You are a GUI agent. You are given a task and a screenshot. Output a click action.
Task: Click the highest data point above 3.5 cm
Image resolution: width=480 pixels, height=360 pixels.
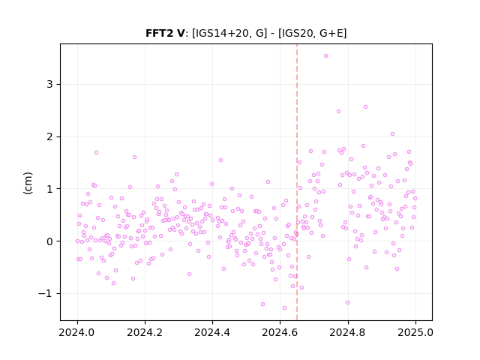[x=325, y=56]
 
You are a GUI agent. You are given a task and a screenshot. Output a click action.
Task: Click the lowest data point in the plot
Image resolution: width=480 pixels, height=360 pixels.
[x=284, y=308]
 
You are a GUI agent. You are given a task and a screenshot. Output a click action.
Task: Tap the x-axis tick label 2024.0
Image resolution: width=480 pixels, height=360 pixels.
[x=77, y=333]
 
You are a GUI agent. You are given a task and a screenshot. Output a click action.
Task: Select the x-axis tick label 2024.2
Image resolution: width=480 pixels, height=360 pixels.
[x=145, y=333]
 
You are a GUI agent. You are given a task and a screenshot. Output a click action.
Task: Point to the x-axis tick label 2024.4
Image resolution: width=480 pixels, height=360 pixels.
[x=212, y=333]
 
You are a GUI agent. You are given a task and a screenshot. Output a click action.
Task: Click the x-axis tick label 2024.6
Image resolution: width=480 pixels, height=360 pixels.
[x=280, y=333]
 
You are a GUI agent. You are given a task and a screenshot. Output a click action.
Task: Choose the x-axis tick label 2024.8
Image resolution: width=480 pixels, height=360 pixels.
[x=348, y=333]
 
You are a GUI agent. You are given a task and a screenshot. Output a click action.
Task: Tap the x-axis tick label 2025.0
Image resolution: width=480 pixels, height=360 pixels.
[x=415, y=333]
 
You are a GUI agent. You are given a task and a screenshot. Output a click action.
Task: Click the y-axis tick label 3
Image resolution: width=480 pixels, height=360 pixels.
[x=50, y=85]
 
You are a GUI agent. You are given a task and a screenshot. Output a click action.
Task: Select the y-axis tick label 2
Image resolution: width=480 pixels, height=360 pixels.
[x=50, y=136]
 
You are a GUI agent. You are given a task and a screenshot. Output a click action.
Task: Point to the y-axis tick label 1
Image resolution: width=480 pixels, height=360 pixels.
[x=50, y=189]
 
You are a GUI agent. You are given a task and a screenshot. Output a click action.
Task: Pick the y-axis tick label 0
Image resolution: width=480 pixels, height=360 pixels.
[x=50, y=241]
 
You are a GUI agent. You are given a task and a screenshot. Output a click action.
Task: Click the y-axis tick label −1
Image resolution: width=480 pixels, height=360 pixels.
[x=46, y=294]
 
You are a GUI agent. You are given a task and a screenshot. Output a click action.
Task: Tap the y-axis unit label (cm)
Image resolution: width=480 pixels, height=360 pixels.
[x=28, y=183]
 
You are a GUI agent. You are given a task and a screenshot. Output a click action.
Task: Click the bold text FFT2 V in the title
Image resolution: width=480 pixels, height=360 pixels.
[x=165, y=33]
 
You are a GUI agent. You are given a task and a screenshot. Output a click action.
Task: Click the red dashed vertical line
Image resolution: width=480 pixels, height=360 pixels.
[x=297, y=182]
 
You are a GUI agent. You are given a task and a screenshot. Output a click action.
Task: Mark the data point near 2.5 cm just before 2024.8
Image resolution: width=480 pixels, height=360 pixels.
[x=338, y=112]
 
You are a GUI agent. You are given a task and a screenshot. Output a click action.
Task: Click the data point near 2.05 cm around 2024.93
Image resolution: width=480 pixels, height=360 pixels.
[x=392, y=133]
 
